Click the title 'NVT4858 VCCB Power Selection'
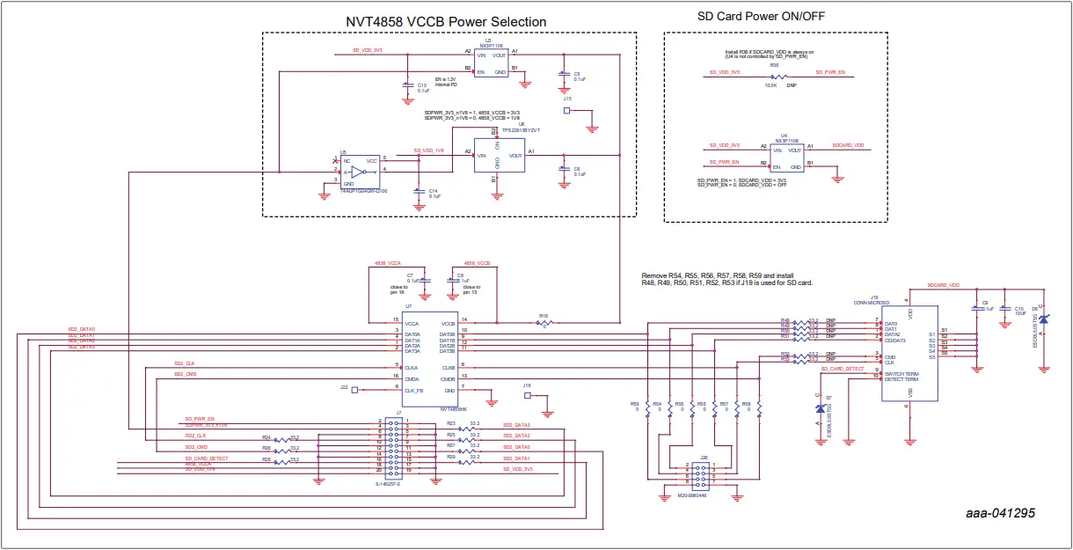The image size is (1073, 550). [x=445, y=21]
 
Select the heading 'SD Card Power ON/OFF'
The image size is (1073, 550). [x=761, y=16]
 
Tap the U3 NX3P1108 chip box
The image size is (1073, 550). [x=491, y=62]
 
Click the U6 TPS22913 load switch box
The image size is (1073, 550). [x=498, y=155]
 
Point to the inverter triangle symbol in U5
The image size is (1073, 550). [x=357, y=172]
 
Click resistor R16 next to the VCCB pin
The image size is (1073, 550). [x=544, y=323]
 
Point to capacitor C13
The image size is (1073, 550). [x=406, y=85]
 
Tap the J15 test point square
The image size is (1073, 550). [x=566, y=112]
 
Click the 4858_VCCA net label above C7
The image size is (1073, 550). [x=387, y=263]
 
